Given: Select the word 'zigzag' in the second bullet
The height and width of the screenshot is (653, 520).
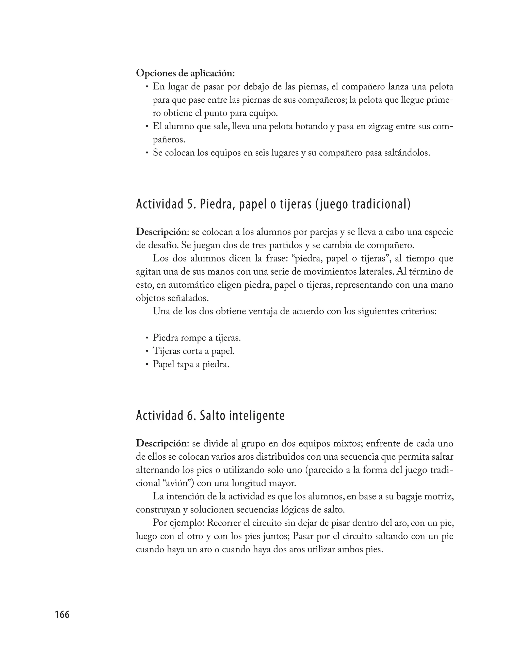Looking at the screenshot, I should pyautogui.click(x=380, y=126).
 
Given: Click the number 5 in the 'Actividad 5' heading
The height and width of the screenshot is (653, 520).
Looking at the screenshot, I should pyautogui.click(x=190, y=205).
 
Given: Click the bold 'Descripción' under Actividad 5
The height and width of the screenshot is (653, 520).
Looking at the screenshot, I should pyautogui.click(x=161, y=232).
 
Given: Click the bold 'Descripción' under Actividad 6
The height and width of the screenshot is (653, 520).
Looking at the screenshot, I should pyautogui.click(x=161, y=443).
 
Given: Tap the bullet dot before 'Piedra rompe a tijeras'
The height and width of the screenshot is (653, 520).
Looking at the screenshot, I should pyautogui.click(x=147, y=338).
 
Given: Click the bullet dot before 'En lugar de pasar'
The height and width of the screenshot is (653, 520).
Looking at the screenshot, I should pyautogui.click(x=147, y=87).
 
